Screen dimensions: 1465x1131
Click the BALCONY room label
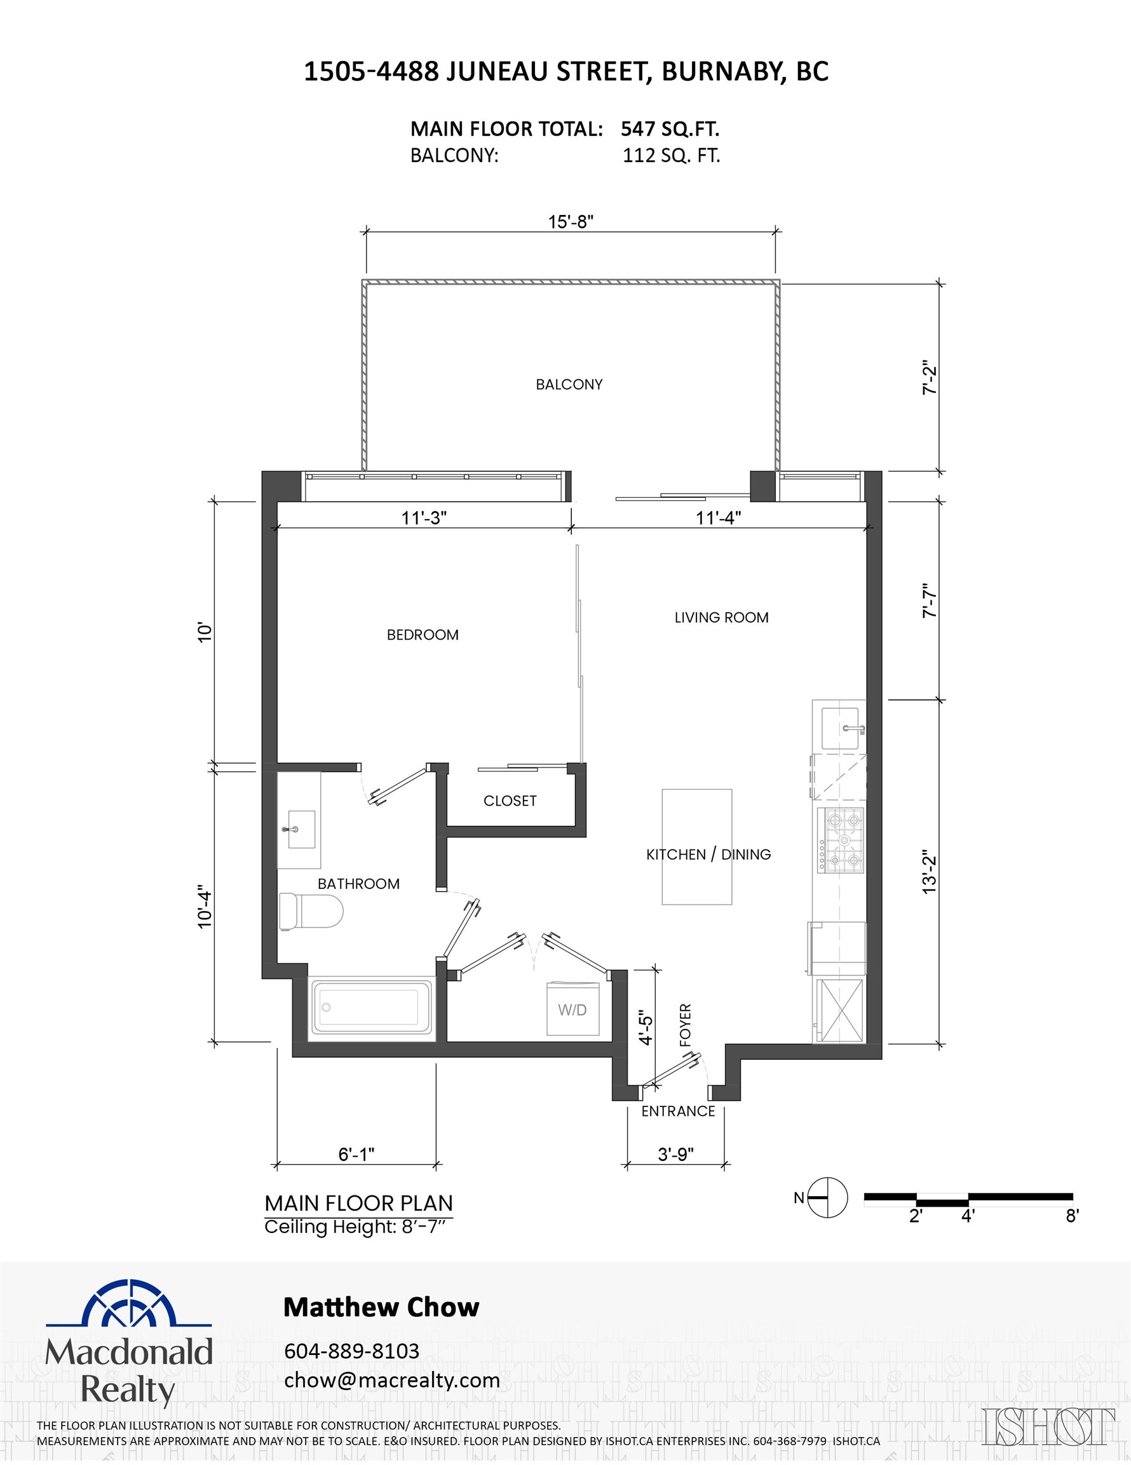(569, 384)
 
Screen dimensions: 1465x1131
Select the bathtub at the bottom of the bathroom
(372, 1008)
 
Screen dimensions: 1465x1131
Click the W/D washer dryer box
(572, 1010)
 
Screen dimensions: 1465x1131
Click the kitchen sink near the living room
(840, 728)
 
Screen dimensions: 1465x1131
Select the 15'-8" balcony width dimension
(571, 222)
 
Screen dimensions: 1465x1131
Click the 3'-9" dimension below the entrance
(675, 1155)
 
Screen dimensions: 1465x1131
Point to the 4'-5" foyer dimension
(645, 1028)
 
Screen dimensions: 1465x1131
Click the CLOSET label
(510, 801)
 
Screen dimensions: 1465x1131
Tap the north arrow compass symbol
(827, 1197)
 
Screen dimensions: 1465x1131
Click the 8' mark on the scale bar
(1071, 1216)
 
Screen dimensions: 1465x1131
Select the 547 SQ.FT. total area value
(669, 129)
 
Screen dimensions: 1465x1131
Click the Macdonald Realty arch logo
(129, 1305)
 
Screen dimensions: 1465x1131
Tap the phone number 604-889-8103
(351, 1351)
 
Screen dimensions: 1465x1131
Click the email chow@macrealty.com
(391, 1380)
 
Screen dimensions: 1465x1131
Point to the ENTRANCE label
(678, 1111)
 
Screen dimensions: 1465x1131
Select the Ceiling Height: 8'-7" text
(355, 1227)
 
